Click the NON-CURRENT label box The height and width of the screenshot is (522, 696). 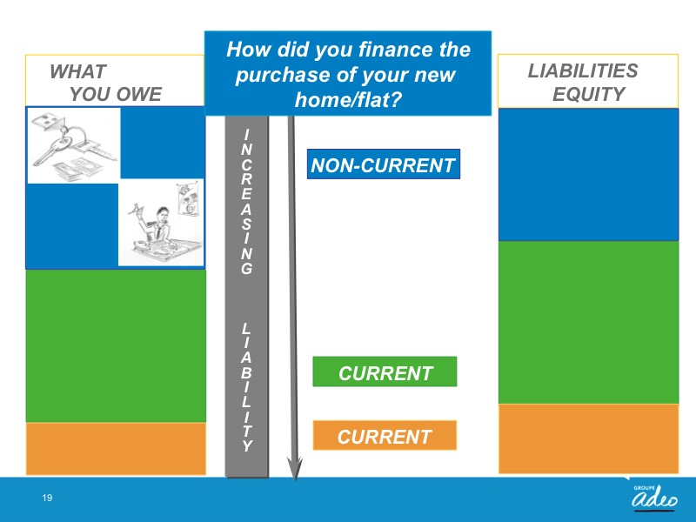point(384,164)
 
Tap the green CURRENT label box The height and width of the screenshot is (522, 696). point(385,371)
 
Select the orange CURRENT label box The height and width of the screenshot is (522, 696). point(385,436)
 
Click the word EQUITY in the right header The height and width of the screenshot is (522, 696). point(589,94)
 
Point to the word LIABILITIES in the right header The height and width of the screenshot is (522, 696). point(583,70)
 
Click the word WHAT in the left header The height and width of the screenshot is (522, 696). point(78,71)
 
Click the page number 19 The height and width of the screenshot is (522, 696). point(47,498)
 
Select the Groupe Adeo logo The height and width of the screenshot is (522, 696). point(655,498)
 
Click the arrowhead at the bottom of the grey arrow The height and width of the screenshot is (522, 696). point(295,470)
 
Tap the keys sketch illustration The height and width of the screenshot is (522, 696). point(74,145)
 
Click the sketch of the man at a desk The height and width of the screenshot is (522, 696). point(161,222)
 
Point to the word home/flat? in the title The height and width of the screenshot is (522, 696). point(348,99)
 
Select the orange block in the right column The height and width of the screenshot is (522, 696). point(589,438)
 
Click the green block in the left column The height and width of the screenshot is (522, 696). point(116,345)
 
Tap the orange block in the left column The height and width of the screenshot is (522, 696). point(116,449)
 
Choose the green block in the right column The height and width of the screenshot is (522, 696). point(589,322)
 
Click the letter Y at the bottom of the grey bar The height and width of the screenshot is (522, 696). point(247,445)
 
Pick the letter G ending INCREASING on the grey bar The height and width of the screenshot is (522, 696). point(247,268)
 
